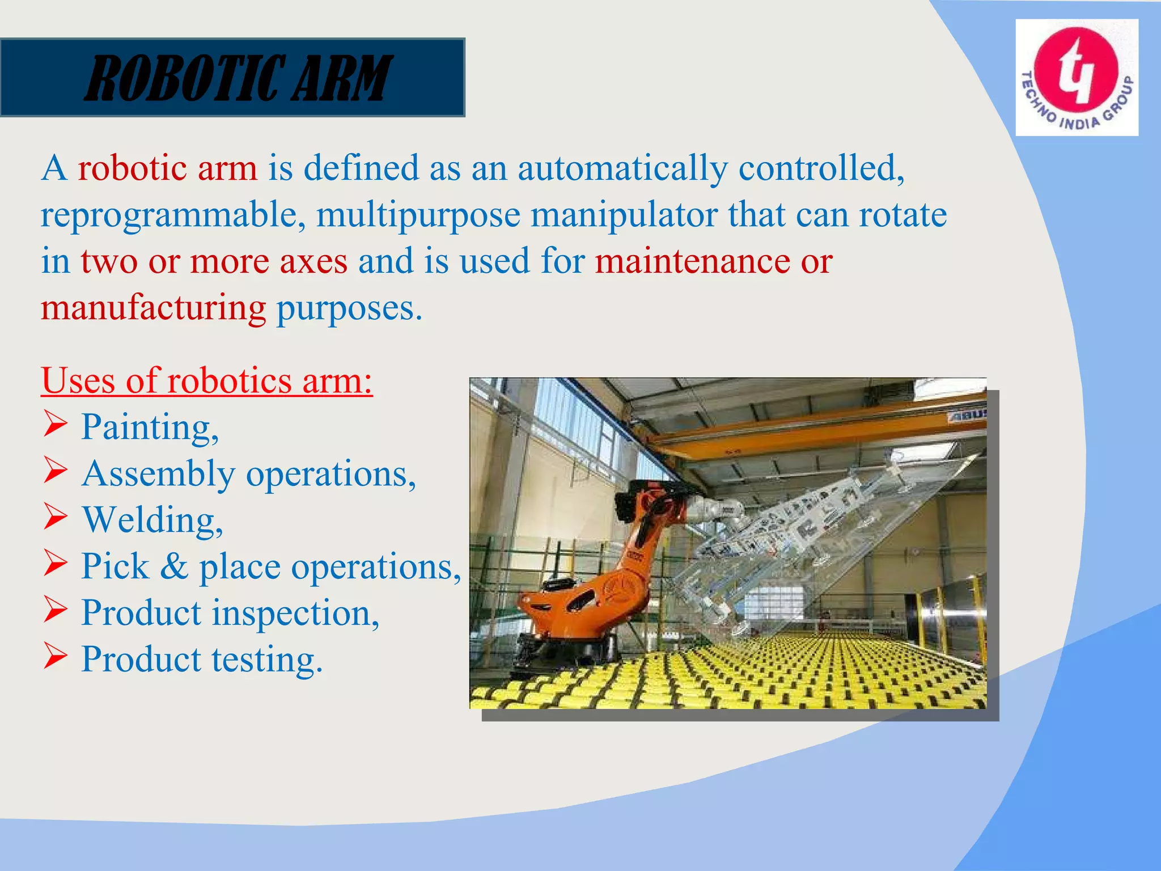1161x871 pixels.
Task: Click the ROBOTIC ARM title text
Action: coord(238,78)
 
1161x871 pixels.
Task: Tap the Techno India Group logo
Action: coord(1076,78)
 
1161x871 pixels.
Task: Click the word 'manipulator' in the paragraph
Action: coord(624,215)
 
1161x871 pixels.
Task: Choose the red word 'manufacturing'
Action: coord(153,308)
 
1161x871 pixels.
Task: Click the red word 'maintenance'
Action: coord(692,262)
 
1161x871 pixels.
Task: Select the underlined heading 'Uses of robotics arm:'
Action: coord(207,380)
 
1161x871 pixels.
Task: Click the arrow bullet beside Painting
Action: coord(56,425)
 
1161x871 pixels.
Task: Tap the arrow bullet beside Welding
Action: coord(56,518)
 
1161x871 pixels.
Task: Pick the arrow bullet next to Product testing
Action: coord(56,657)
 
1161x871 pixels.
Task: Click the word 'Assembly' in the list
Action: coord(158,474)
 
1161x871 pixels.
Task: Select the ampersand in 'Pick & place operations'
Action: coord(174,566)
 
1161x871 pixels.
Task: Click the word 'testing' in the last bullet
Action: coord(266,659)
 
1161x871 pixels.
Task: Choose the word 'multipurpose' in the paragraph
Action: coord(418,216)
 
